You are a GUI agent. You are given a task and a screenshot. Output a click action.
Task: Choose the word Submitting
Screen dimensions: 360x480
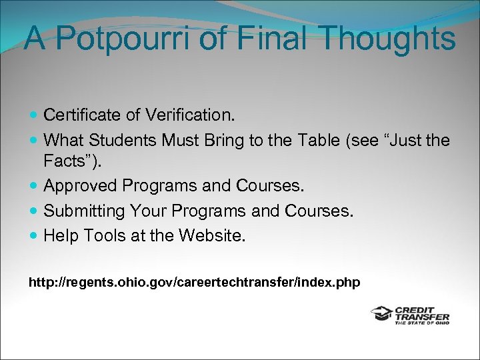pos(83,211)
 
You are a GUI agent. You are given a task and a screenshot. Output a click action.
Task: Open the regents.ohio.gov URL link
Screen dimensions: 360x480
pos(194,283)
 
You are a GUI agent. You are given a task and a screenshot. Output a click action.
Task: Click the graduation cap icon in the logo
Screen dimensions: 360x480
pos(382,313)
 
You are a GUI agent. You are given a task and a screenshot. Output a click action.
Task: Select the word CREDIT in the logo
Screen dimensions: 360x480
pos(414,309)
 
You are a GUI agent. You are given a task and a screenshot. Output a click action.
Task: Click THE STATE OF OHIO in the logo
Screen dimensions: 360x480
pos(422,323)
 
